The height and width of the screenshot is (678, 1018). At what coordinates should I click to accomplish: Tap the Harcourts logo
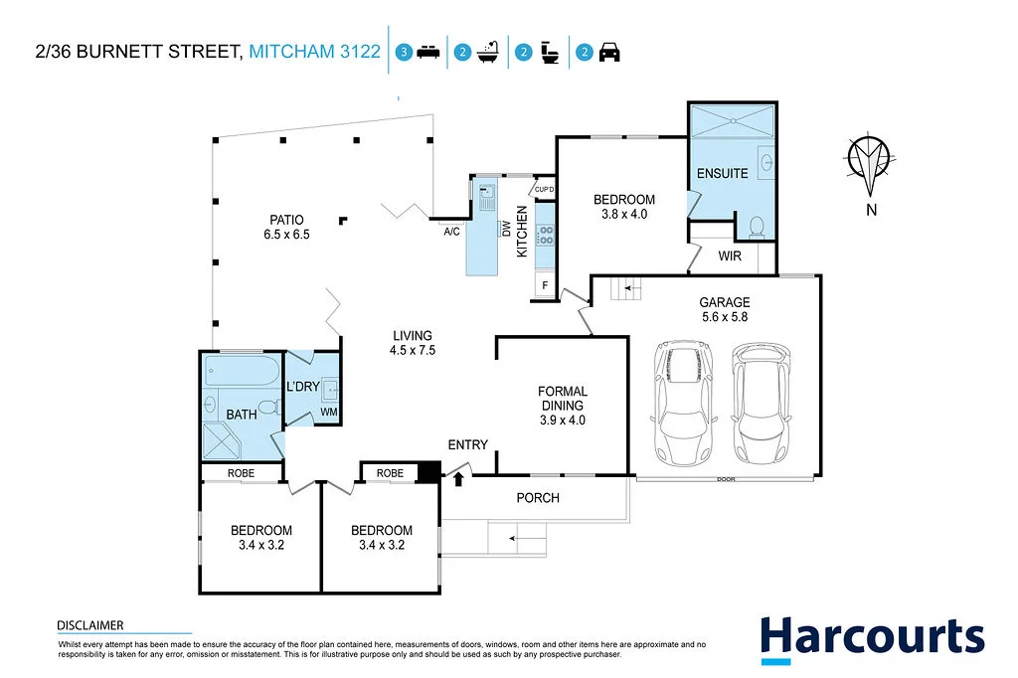click(x=872, y=638)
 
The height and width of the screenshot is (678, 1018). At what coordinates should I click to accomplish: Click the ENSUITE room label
click(x=722, y=173)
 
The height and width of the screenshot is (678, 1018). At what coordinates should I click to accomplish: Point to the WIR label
click(x=730, y=255)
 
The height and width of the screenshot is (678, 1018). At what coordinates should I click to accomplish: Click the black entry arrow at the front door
click(x=458, y=480)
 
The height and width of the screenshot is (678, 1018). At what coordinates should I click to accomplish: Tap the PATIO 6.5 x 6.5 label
click(x=284, y=228)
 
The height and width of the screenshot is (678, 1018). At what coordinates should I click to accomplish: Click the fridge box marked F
click(x=545, y=286)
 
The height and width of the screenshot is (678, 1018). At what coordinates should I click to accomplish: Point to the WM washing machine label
click(x=328, y=412)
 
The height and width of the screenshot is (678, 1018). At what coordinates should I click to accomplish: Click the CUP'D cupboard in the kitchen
click(x=544, y=189)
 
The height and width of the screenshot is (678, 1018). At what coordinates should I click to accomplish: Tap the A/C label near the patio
click(x=451, y=232)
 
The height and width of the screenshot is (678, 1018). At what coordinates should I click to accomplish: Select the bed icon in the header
click(x=428, y=53)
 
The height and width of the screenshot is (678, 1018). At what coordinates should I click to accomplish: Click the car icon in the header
click(x=609, y=53)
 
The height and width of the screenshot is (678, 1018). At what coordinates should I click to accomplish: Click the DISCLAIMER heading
click(x=89, y=625)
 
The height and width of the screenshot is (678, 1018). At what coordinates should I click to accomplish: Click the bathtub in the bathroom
click(x=242, y=374)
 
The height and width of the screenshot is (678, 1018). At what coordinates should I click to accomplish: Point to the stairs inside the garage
click(x=626, y=289)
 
